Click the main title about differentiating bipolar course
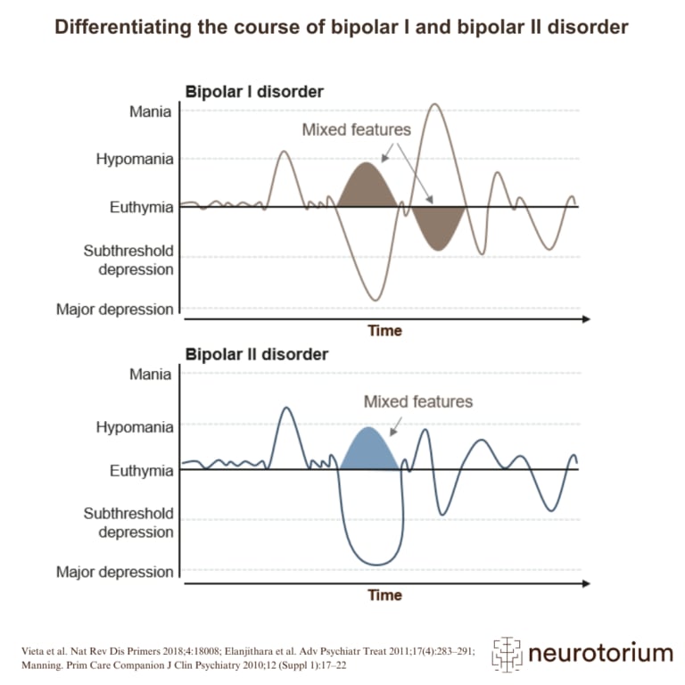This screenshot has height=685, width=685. tap(342, 27)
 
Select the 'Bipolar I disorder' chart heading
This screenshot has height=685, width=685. tap(253, 92)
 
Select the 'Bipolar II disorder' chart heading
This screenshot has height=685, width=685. tap(256, 354)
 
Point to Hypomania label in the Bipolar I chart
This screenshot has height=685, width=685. tap(135, 160)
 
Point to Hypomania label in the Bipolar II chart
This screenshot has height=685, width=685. tap(135, 427)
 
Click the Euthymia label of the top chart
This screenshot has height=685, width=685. tap(141, 208)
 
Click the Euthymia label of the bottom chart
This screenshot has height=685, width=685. tap(141, 471)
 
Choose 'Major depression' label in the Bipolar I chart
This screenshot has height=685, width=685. tap(115, 309)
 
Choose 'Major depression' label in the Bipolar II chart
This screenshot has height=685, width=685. tap(115, 572)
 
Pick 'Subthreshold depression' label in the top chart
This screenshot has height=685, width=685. tap(128, 260)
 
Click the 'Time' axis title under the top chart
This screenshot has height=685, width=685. tap(385, 331)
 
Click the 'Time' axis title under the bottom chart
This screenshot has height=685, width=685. tap(385, 595)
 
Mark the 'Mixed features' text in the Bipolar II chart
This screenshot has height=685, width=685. tap(417, 401)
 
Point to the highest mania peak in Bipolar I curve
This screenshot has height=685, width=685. tap(434, 105)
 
